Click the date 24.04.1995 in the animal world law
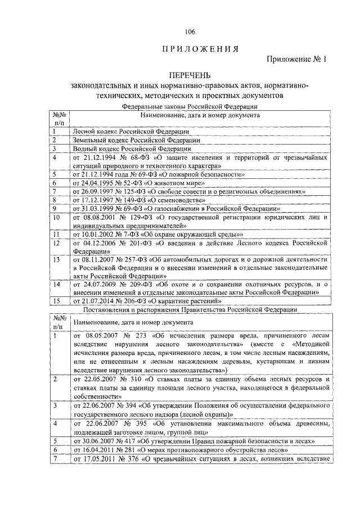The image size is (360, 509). click(x=98, y=183)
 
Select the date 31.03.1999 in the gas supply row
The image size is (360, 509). click(x=98, y=208)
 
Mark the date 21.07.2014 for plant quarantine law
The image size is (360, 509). click(x=98, y=301)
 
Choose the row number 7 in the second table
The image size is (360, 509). click(x=56, y=459)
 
